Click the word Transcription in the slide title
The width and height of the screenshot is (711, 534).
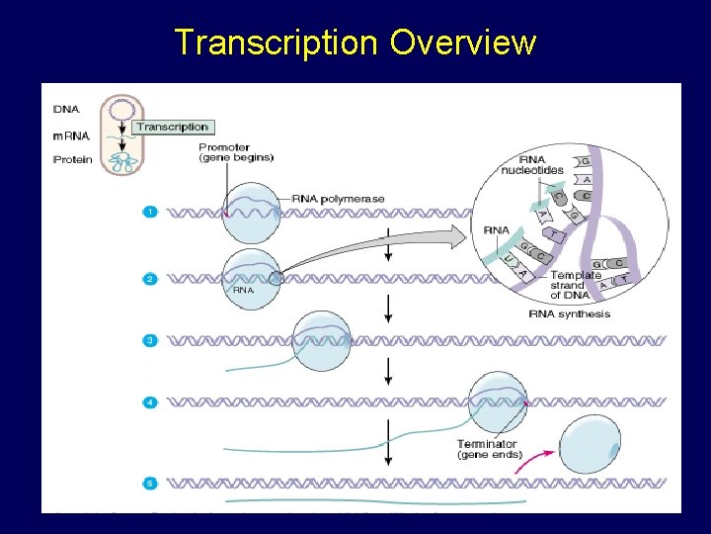tap(276, 43)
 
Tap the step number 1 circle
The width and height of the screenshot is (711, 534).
tap(149, 212)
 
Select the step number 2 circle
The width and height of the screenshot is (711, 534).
tap(149, 279)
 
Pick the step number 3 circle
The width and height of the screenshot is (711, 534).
tap(149, 340)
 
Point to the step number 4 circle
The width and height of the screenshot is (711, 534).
tap(149, 402)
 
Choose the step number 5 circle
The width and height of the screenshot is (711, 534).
tap(149, 484)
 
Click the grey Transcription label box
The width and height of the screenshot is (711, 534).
tap(173, 127)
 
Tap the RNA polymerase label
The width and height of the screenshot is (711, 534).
tap(338, 199)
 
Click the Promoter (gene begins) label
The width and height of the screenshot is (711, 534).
tap(236, 152)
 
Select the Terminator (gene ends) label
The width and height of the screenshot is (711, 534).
tap(489, 449)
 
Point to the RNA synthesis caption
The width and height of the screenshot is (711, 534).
tap(570, 314)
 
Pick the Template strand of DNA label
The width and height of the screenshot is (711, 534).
tap(575, 285)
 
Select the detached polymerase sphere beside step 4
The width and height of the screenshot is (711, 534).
tap(591, 447)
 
